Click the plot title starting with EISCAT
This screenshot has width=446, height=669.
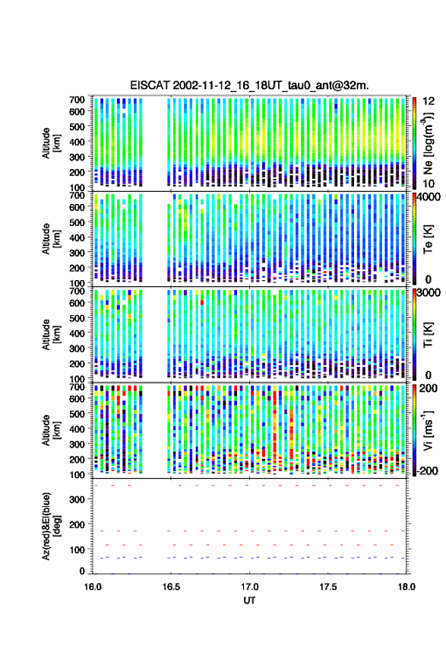tap(249, 85)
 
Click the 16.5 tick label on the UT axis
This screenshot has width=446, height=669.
tap(171, 587)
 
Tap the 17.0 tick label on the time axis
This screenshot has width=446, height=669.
tap(249, 587)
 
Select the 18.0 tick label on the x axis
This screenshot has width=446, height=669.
tap(406, 587)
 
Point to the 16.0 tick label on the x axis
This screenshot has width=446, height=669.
tap(93, 587)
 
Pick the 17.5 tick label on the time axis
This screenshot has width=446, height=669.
tap(328, 587)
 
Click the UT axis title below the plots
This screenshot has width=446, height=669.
tap(249, 601)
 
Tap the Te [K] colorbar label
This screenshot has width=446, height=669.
tap(428, 239)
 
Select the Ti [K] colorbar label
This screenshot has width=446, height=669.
tap(428, 335)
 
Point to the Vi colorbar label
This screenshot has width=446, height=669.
tap(429, 430)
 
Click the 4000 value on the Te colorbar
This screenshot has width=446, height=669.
tap(429, 197)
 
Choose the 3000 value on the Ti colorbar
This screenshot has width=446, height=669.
tap(429, 293)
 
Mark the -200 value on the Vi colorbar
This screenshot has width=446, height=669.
tap(427, 470)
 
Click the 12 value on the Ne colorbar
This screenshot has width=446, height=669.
tap(429, 101)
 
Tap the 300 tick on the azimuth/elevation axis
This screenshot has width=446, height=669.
tap(77, 499)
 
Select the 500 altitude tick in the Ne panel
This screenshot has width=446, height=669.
tap(77, 126)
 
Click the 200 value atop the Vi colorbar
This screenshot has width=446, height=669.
tap(428, 388)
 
